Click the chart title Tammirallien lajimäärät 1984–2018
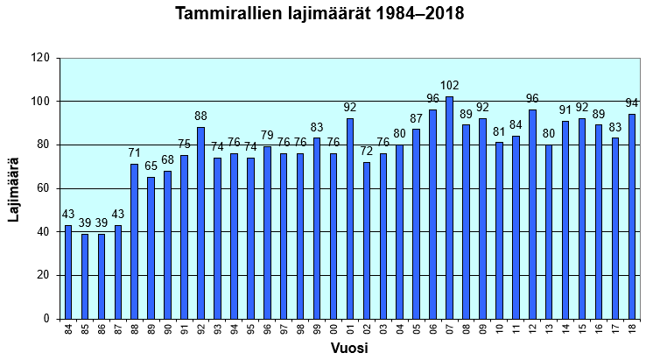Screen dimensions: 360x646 319,15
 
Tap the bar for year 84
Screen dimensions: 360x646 68,272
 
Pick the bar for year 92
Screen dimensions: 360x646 200,222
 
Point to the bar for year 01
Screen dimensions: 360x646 350,218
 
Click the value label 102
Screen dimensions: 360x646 449,85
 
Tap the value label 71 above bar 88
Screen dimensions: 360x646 135,153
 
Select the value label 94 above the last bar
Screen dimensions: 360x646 632,102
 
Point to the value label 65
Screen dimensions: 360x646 151,166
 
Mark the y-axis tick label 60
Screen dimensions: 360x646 42,188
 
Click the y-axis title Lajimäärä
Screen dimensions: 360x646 14,188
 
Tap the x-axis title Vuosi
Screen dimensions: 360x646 348,349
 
